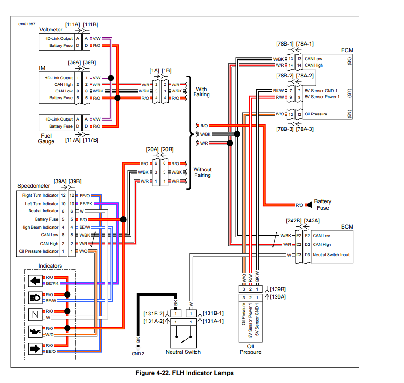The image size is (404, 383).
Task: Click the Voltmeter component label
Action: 51,30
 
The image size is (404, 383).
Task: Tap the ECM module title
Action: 347,50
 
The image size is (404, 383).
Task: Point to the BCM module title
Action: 347,227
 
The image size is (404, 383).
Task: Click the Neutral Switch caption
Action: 183,352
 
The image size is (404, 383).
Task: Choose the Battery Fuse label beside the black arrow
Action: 323,205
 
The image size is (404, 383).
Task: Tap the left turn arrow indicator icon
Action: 36,281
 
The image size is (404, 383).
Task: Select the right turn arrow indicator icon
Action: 36,348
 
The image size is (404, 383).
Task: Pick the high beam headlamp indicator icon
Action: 36,298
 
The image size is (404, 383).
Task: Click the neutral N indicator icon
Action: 36,314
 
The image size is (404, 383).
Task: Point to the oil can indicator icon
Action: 36,331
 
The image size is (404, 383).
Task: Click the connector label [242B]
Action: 294,221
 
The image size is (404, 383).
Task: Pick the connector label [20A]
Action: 152,149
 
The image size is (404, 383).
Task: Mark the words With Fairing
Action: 202,92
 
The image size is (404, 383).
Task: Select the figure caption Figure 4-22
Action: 184,373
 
